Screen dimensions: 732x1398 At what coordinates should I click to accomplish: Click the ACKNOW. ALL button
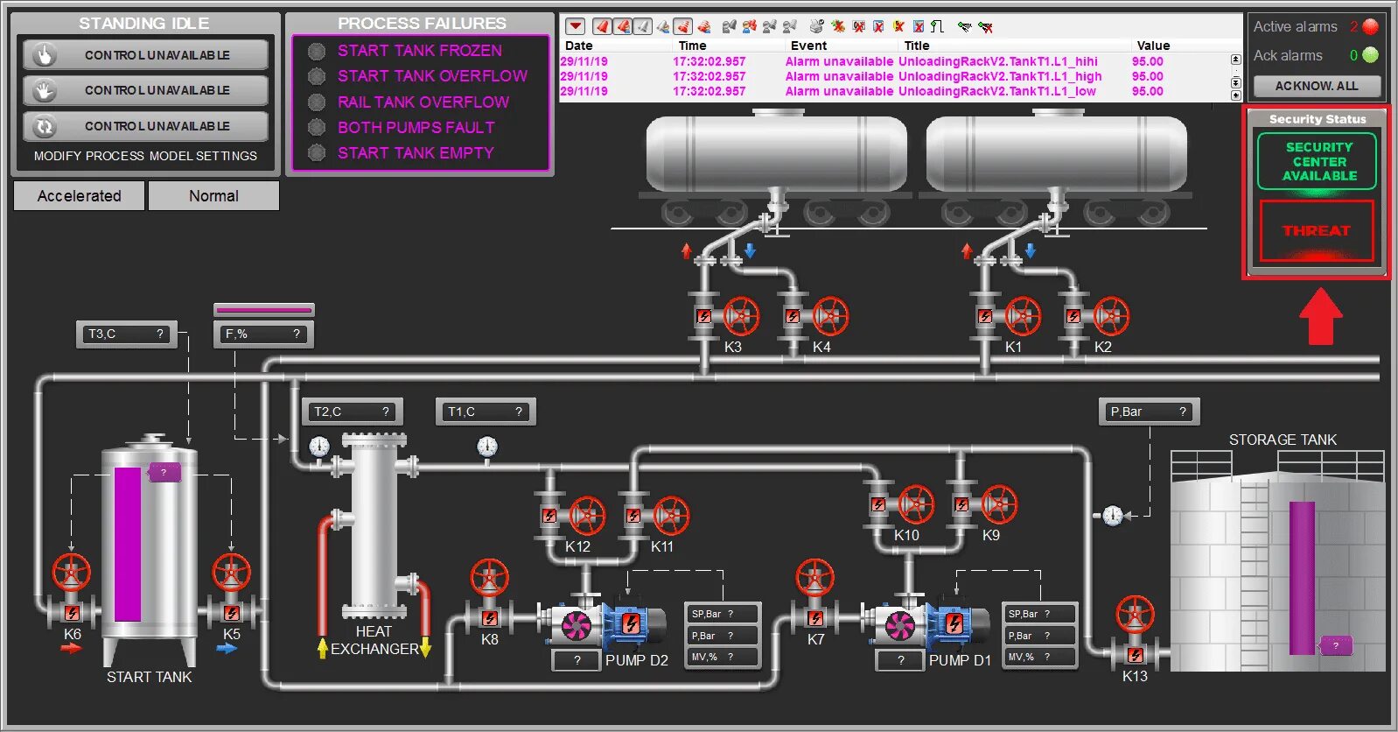point(1317,86)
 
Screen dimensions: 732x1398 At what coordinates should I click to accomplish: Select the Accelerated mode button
point(79,196)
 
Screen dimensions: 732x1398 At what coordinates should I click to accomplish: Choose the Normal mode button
point(213,196)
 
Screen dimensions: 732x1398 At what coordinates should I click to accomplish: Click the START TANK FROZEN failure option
point(419,51)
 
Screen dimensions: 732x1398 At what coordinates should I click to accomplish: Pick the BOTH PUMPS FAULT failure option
point(416,127)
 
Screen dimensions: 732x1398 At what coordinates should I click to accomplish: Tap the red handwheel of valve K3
point(741,316)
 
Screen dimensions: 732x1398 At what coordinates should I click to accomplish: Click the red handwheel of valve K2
point(1110,316)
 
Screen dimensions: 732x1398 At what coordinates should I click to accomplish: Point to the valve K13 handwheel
point(1136,615)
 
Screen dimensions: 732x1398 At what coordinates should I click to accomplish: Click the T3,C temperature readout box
point(127,334)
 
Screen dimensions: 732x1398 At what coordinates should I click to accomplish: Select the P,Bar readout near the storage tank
point(1149,412)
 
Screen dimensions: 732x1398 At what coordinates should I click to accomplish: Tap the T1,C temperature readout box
point(486,412)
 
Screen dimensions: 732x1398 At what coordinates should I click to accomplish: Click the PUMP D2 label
point(636,660)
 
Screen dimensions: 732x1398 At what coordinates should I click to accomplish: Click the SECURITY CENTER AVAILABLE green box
point(1318,161)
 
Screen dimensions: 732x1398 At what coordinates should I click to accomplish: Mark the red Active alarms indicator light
point(1370,26)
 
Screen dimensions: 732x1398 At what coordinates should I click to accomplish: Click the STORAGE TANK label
point(1283,440)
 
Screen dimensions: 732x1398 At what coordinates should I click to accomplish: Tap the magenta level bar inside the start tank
point(128,544)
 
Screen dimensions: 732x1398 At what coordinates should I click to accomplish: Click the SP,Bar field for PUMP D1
point(1039,614)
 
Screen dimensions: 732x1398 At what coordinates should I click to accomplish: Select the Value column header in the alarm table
point(1153,46)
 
